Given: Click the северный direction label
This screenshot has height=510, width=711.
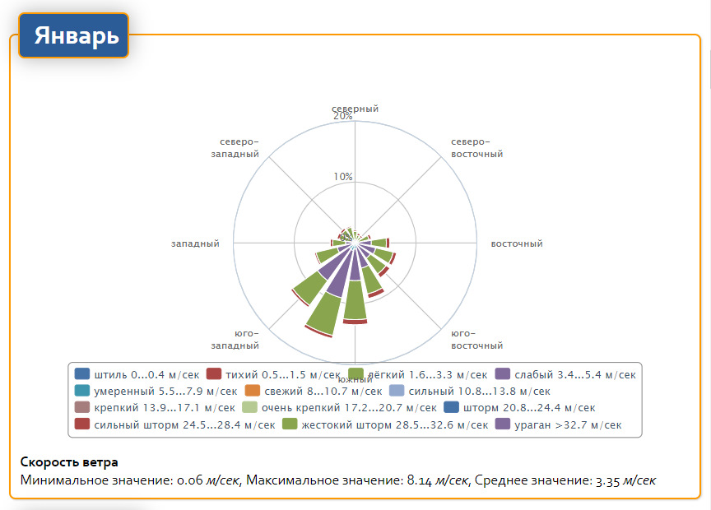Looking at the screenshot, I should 355,109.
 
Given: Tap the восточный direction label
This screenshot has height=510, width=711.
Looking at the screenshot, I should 517,244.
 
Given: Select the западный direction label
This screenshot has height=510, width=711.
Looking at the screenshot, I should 195,244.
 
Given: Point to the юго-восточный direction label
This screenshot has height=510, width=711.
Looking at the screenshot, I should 477,339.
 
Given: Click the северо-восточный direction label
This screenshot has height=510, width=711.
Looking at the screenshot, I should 477,147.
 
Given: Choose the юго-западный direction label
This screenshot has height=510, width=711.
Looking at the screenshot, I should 235,339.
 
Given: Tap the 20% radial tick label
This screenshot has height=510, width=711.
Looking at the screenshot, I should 343,117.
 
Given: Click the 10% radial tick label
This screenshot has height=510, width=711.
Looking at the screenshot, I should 343,177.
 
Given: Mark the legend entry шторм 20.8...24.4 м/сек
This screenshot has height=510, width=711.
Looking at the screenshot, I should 518,408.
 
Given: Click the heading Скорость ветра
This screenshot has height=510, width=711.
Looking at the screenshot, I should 69,461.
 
